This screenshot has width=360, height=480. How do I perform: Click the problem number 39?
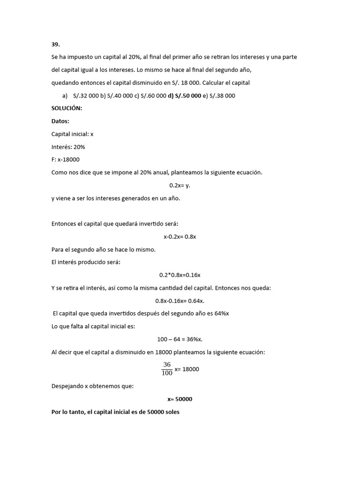click(x=55, y=45)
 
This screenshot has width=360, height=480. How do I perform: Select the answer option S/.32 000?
click(x=86, y=96)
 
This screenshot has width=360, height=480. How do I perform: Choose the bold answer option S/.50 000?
click(x=187, y=96)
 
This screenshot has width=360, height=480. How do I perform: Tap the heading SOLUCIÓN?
click(x=67, y=108)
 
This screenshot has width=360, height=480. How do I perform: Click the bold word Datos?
click(x=60, y=121)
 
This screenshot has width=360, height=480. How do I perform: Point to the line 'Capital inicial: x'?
click(x=72, y=134)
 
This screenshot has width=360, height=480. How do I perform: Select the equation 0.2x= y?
click(x=180, y=185)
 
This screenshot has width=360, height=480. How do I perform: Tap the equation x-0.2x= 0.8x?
click(x=180, y=237)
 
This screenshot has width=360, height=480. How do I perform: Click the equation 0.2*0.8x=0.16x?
click(x=180, y=275)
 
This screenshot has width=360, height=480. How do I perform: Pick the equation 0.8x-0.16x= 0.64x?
click(x=180, y=300)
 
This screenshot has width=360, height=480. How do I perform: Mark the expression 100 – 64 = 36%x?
click(x=180, y=339)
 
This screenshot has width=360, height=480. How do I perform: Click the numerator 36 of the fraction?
click(x=167, y=364)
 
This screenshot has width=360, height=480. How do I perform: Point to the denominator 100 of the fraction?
click(x=167, y=373)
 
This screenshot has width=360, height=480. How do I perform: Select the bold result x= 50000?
click(x=180, y=399)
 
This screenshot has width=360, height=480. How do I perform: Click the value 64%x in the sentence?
click(x=220, y=313)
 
